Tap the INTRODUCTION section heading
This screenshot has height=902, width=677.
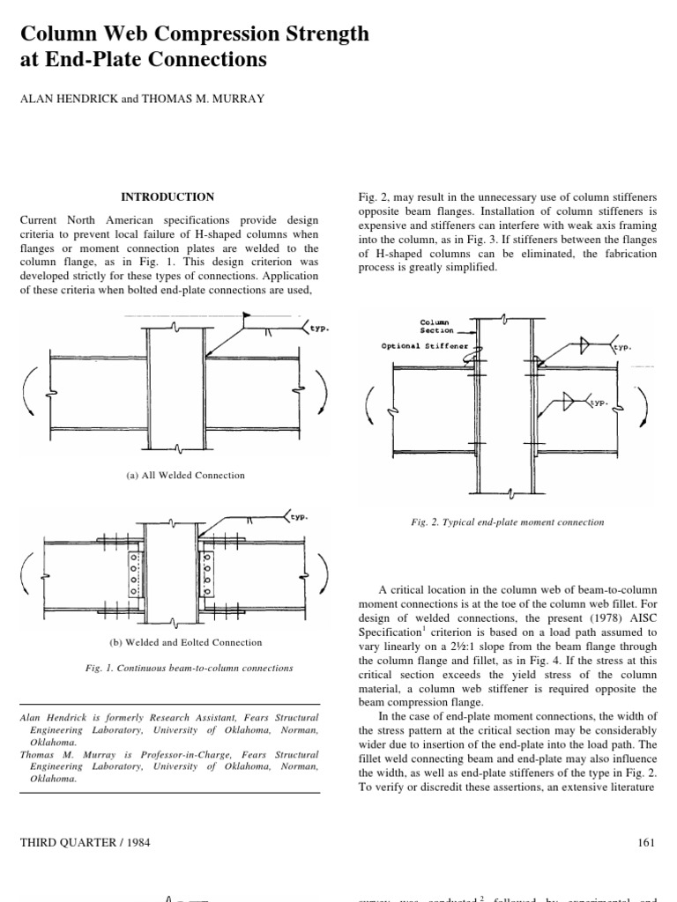pyautogui.click(x=167, y=196)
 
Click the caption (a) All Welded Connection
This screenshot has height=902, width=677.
pyautogui.click(x=186, y=475)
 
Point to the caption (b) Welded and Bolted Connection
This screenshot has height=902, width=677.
pyautogui.click(x=186, y=642)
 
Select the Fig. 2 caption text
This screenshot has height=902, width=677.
pyautogui.click(x=508, y=521)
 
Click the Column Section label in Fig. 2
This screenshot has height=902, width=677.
pyautogui.click(x=436, y=327)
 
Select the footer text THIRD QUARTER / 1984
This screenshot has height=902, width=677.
pyautogui.click(x=85, y=842)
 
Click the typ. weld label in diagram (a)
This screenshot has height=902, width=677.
pyautogui.click(x=317, y=328)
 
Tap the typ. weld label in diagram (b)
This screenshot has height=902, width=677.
pyautogui.click(x=301, y=518)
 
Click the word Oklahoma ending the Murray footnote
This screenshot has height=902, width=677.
pyautogui.click(x=43, y=779)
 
